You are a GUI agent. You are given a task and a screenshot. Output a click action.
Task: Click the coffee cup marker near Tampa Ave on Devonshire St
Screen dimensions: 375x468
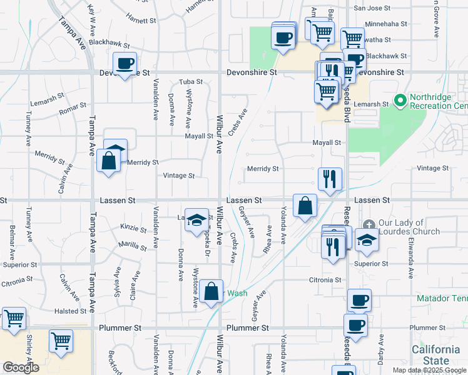click(x=125, y=63)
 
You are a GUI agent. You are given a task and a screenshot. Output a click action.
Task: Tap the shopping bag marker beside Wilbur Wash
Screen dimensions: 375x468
click(x=211, y=291)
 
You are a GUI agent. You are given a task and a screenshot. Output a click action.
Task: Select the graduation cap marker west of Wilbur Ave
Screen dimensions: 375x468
click(x=196, y=219)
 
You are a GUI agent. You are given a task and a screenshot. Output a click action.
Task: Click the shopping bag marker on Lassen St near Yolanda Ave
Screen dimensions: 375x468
click(x=305, y=205)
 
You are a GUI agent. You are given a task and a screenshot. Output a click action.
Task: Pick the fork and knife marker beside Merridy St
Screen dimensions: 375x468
click(x=330, y=179)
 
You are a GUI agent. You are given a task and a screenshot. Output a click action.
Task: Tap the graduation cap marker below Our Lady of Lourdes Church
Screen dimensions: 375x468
click(x=366, y=239)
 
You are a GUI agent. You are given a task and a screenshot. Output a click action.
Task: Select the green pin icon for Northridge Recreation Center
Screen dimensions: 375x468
click(x=400, y=100)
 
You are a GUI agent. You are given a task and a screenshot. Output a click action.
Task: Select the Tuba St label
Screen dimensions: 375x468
click(x=191, y=82)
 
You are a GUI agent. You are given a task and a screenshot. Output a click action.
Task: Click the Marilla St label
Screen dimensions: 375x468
click(x=133, y=247)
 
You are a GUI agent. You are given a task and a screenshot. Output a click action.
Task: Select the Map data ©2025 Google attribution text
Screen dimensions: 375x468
click(x=429, y=370)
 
